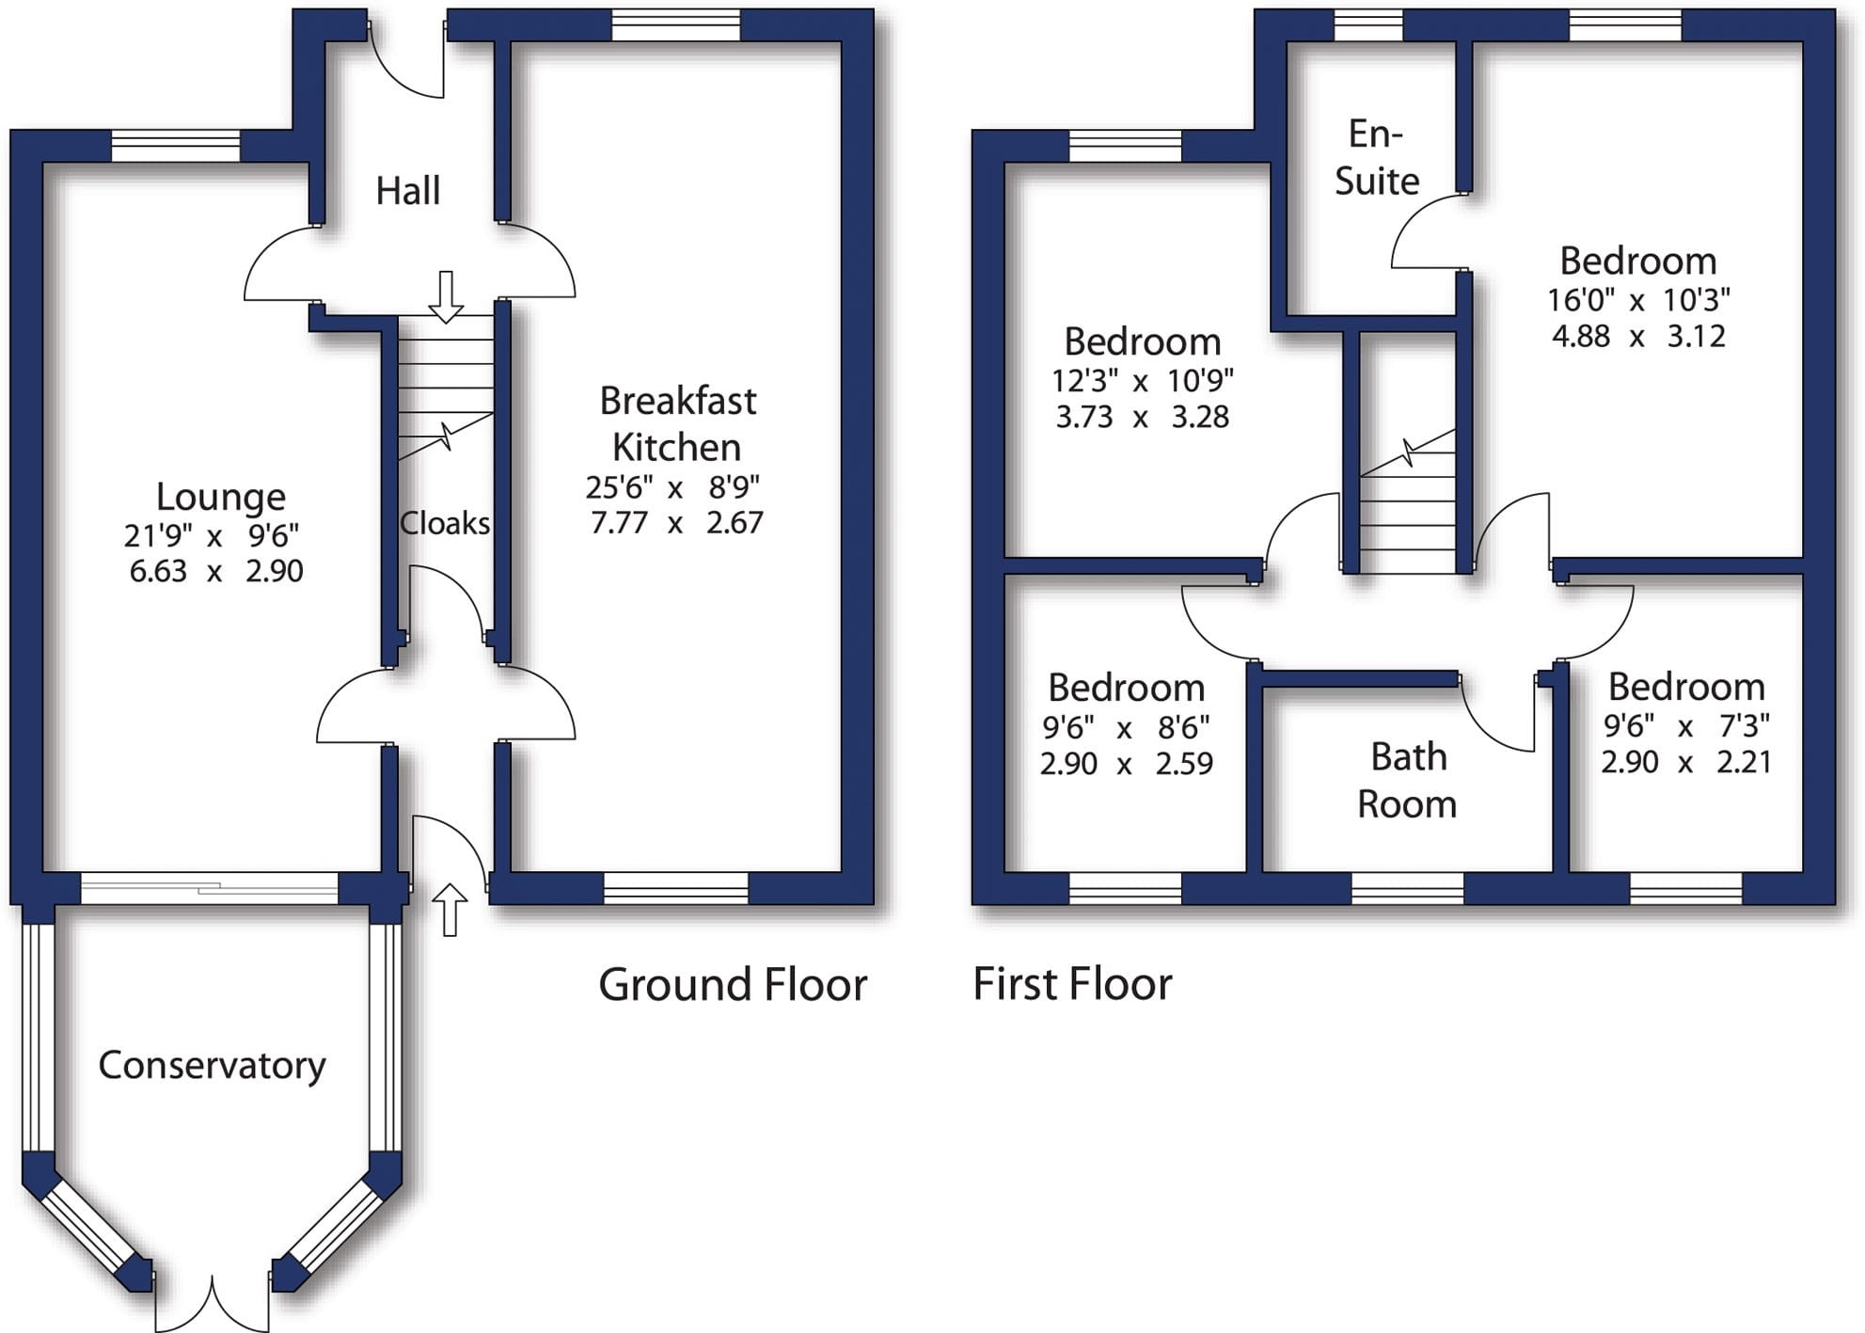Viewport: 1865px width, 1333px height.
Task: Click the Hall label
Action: pos(407,191)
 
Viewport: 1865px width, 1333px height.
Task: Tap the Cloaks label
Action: pos(444,523)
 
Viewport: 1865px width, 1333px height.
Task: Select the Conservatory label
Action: pos(212,1065)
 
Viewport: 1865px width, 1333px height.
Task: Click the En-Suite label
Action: pos(1376,157)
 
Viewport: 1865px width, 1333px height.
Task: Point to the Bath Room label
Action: pos(1407,780)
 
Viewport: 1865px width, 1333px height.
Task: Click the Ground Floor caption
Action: pos(733,985)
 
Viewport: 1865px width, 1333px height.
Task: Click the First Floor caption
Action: pos(1072,985)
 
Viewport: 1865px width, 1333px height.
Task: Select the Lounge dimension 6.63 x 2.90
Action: pos(216,571)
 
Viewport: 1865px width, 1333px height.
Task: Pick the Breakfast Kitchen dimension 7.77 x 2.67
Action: pos(676,522)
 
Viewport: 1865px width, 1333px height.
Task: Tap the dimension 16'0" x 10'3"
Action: pos(1638,300)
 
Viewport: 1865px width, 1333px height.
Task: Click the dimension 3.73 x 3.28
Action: pos(1142,417)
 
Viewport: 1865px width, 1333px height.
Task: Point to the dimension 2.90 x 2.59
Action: pos(1126,763)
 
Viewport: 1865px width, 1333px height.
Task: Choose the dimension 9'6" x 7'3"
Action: pos(1686,726)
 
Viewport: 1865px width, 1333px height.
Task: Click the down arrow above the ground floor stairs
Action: pos(446,296)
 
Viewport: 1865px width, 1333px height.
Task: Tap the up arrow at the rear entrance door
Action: pos(450,910)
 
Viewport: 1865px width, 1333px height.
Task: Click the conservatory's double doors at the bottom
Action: pos(213,1303)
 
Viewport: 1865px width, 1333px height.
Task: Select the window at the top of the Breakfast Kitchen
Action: pos(675,25)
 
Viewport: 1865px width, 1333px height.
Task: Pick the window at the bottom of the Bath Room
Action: pos(1407,888)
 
